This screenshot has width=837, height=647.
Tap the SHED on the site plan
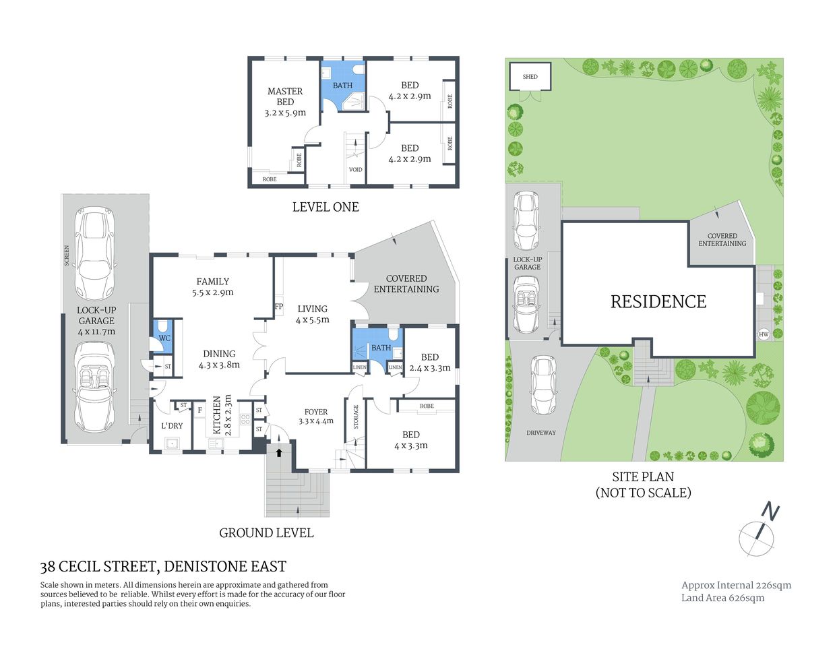pyautogui.click(x=530, y=77)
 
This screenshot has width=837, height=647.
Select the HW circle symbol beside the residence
pyautogui.click(x=764, y=334)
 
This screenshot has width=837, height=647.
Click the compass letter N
pyautogui.click(x=770, y=512)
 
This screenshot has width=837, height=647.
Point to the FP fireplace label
pyautogui.click(x=279, y=307)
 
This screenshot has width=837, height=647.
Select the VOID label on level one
pyautogui.click(x=355, y=169)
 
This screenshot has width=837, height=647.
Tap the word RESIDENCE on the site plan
pyautogui.click(x=658, y=301)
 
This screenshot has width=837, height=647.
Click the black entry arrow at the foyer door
pyautogui.click(x=279, y=452)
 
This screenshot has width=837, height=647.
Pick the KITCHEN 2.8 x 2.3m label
pyautogui.click(x=222, y=414)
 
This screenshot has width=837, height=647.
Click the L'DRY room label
pyautogui.click(x=172, y=426)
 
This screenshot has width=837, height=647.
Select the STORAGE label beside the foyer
pyautogui.click(x=356, y=417)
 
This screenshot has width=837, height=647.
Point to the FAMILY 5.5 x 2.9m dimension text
pyautogui.click(x=212, y=292)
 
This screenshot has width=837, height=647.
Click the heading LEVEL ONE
pyautogui.click(x=325, y=207)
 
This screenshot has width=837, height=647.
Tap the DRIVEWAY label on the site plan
pyautogui.click(x=541, y=433)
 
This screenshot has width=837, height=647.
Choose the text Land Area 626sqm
pyautogui.click(x=722, y=598)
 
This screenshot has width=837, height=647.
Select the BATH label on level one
pyautogui.click(x=342, y=86)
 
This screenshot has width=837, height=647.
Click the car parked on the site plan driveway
pyautogui.click(x=542, y=385)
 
